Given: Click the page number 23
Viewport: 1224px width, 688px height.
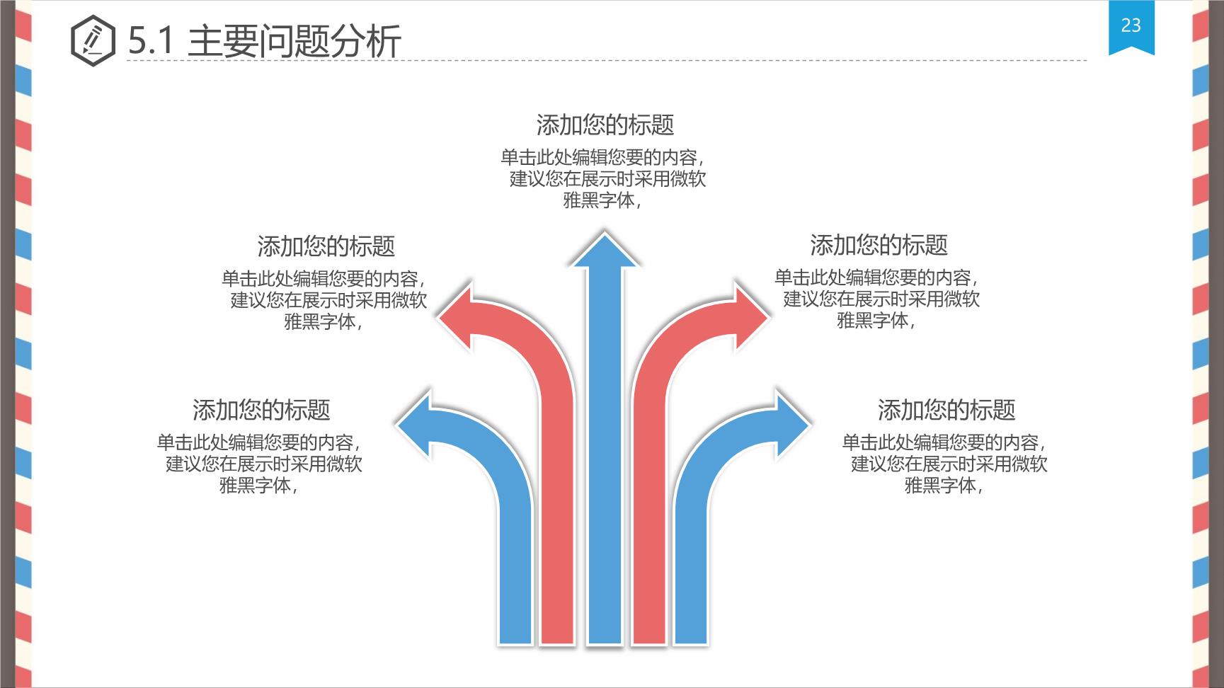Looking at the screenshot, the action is coord(1131,25).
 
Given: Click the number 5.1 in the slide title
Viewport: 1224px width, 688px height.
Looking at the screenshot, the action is coord(151,41).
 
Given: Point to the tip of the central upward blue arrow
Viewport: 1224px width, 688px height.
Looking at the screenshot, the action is coord(605,231).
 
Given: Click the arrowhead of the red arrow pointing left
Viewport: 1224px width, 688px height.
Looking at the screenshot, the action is coord(454,317).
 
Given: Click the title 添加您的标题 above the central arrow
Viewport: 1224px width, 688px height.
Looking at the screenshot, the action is coord(605,125).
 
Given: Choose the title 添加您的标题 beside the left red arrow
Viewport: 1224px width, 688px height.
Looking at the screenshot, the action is coord(326,246).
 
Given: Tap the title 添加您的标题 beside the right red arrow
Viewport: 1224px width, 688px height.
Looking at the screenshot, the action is coord(879,245).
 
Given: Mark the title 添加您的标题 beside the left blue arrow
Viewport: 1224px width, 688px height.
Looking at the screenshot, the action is coord(261,410).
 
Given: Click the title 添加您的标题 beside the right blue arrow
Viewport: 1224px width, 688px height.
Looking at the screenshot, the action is coord(946,410).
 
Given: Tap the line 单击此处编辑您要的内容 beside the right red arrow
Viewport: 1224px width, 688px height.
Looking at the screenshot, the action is coord(873,277).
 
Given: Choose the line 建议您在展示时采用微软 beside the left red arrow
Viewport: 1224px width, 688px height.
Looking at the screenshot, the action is coord(329,300).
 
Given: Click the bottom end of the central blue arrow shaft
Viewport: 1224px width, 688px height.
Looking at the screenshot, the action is coord(605,644).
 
